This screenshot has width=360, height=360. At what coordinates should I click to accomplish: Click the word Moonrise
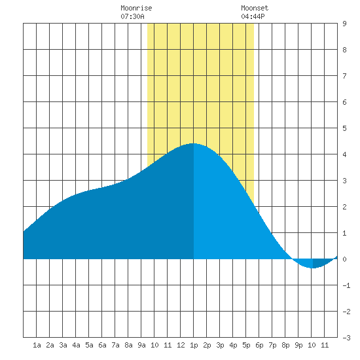pos(136,8)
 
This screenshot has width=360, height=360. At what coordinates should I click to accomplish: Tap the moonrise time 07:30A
pos(132,16)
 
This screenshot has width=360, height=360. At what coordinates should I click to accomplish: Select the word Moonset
pos(255,8)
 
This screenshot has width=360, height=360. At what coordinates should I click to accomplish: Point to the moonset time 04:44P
pos(253,16)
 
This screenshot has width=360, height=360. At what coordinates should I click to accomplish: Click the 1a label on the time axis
pos(37,345)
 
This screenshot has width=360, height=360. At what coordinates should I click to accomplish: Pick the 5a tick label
pos(89,345)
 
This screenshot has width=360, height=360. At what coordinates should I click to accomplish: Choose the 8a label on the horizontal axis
pos(128,345)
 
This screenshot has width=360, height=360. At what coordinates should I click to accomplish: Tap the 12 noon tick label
pos(181,345)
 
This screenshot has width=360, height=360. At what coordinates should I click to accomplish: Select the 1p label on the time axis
pos(194,345)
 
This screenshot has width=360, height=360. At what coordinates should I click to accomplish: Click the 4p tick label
pos(233,345)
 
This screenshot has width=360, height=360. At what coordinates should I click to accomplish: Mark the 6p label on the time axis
pos(259,345)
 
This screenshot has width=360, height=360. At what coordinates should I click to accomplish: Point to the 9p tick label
pos(298,345)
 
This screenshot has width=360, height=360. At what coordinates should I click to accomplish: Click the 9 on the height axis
pos(344,24)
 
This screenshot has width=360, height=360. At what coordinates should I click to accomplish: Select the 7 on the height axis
pos(344,76)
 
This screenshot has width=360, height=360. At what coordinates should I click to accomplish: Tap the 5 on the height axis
pos(344,128)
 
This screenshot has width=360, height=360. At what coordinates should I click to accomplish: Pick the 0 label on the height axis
pos(344,259)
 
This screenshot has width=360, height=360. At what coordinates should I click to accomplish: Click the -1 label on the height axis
pos(346,285)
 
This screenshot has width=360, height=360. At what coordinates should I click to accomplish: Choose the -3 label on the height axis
pos(346,338)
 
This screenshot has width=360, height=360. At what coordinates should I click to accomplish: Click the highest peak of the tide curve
pos(193,144)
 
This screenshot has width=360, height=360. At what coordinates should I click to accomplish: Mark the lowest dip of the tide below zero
pos(312,268)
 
